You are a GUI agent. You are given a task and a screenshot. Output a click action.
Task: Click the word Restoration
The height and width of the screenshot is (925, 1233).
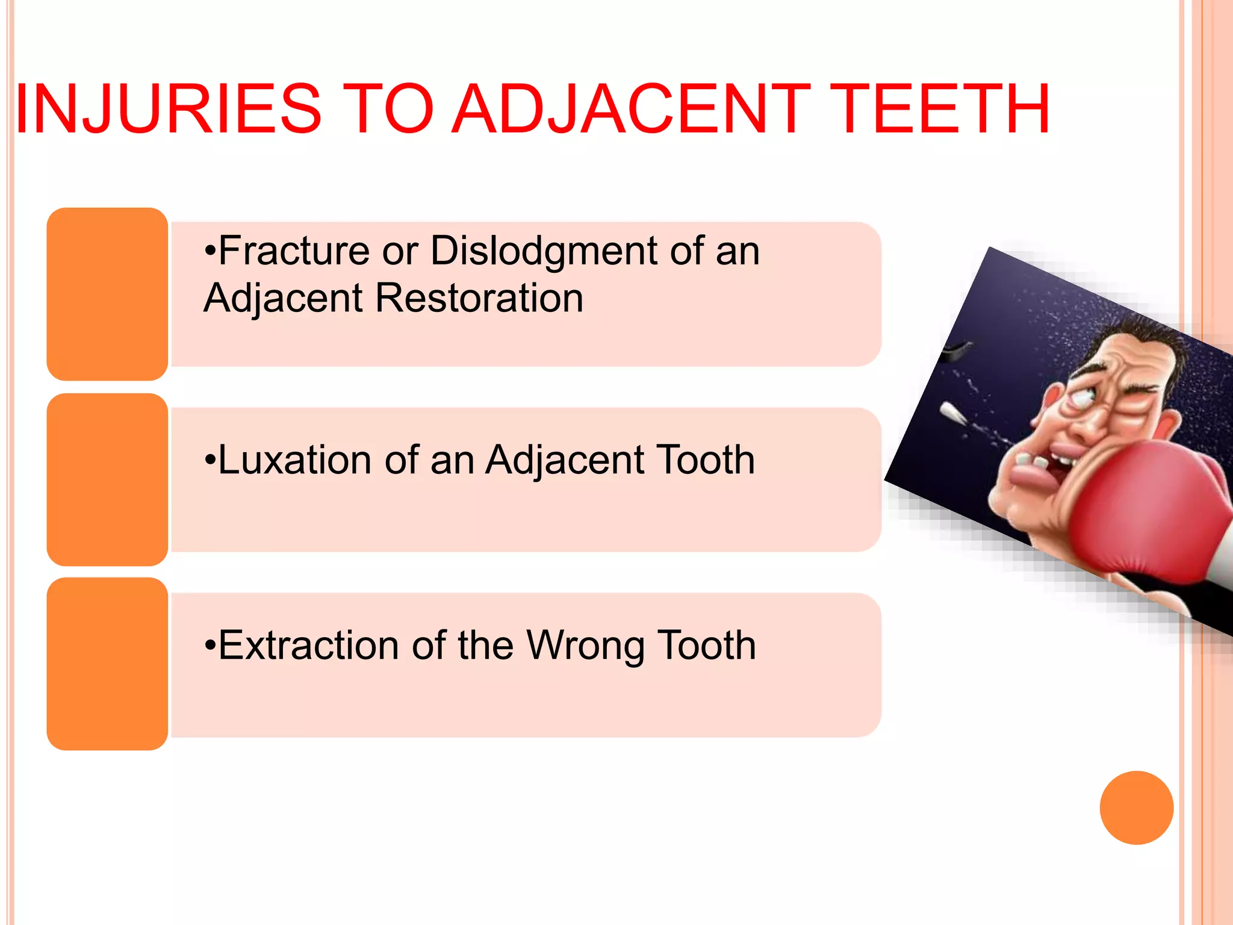click(x=479, y=298)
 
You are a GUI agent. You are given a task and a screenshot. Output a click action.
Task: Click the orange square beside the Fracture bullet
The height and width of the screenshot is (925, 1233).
click(x=107, y=294)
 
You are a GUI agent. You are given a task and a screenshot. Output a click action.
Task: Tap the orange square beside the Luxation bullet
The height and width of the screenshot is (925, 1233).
click(x=107, y=479)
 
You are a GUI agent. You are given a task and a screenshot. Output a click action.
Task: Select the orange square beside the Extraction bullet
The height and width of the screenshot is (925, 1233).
click(x=107, y=664)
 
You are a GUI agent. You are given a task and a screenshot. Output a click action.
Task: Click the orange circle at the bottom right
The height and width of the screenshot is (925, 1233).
click(x=1136, y=808)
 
